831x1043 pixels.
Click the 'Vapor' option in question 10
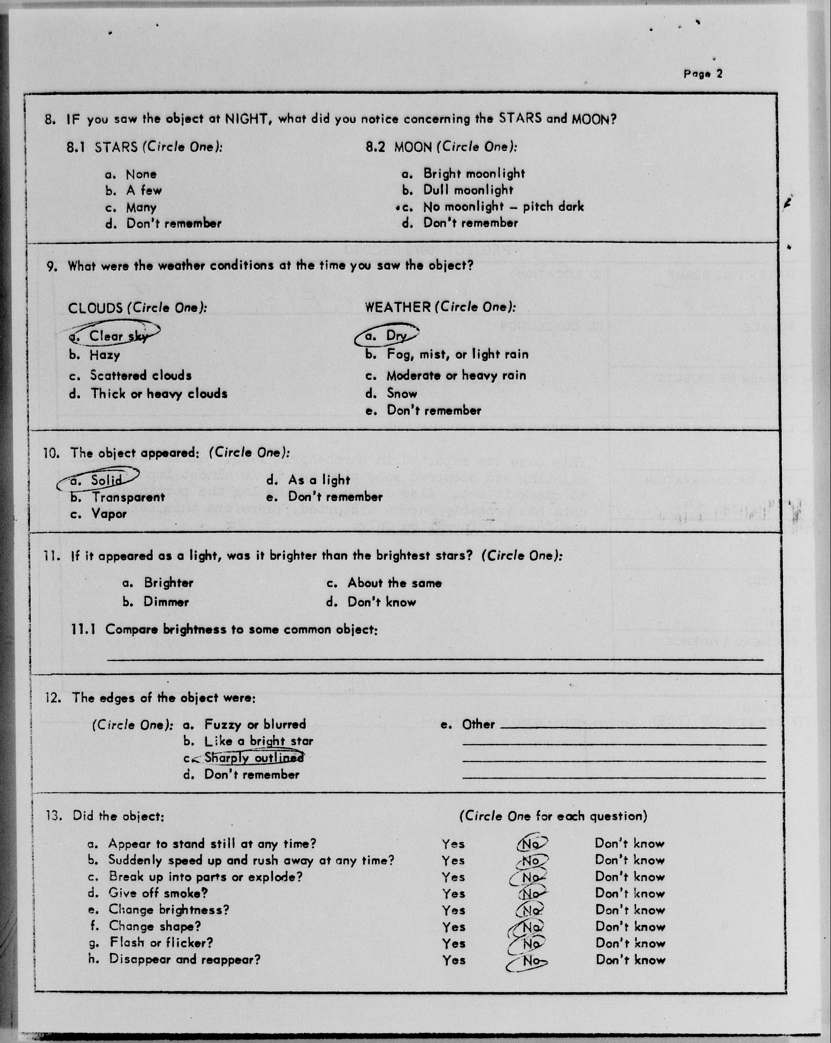pyautogui.click(x=109, y=514)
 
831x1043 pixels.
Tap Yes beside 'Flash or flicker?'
pyautogui.click(x=454, y=943)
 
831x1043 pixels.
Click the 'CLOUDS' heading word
pyautogui.click(x=95, y=308)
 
